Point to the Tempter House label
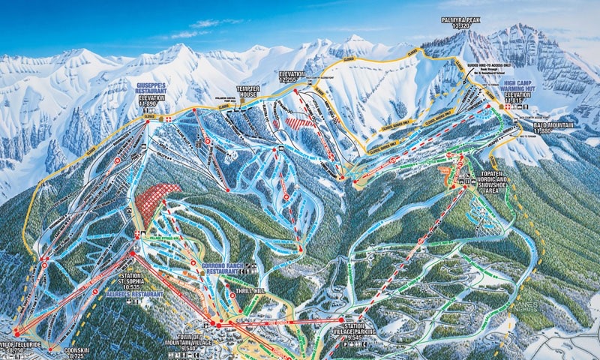248,91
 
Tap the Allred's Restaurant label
139,295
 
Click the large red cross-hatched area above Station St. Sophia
158,200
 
